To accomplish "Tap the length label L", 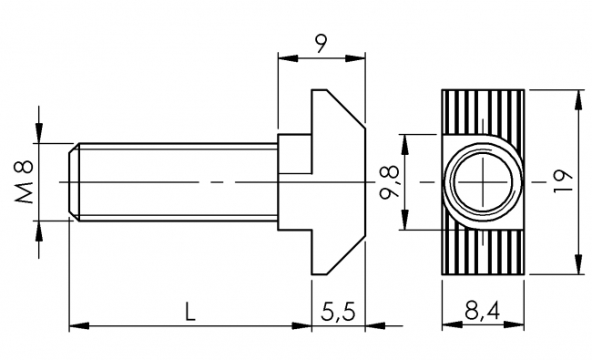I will pos(189,313).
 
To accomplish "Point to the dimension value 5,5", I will pos(338,313).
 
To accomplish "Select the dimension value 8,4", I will pos(482,313).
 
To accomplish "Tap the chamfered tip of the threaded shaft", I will pos(74,182).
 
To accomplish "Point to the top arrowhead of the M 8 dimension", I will pos(38,137).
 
